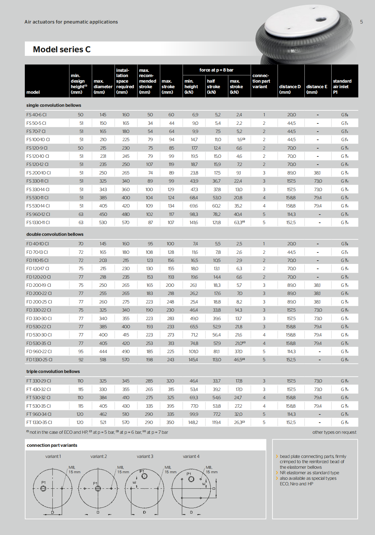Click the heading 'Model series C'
tap(62, 49)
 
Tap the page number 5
tap(361, 22)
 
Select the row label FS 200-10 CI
tap(39, 173)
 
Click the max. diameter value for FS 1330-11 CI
tap(103, 222)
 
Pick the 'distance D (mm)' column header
tap(290, 89)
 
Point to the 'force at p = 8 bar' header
tap(216, 70)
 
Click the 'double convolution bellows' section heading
tap(55, 234)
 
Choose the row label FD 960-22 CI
tap(39, 351)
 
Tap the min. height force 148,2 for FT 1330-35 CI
tap(193, 422)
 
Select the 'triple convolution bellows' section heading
tap(53, 371)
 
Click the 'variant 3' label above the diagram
tap(145, 456)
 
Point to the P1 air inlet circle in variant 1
tap(43, 489)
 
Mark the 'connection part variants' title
tap(52, 445)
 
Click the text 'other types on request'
tap(334, 432)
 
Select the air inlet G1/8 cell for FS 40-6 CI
tap(345, 115)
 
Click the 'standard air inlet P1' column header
tap(342, 87)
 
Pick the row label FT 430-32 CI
tap(39, 389)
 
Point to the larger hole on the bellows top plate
tap(320, 20)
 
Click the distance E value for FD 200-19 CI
tap(317, 285)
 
